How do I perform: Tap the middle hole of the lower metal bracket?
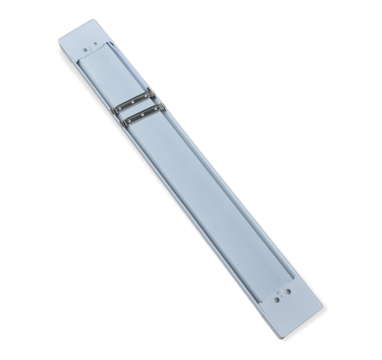(x=142, y=115)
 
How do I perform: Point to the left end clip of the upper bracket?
(x=114, y=111)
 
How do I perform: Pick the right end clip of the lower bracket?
(x=162, y=107)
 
